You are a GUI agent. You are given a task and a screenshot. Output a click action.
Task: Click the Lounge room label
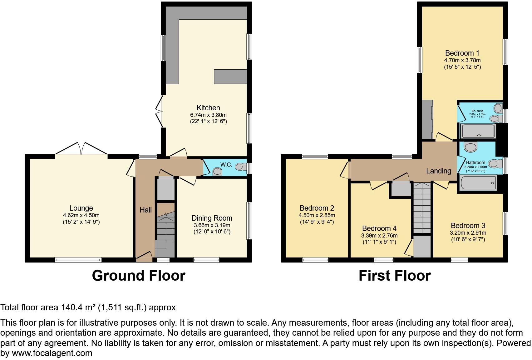(x=81, y=208)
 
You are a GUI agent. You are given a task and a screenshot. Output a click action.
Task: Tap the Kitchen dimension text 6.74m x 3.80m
(x=208, y=115)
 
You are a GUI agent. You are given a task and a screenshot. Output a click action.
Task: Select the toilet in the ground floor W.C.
(x=240, y=167)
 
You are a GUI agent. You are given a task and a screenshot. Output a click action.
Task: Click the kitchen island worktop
(x=230, y=77)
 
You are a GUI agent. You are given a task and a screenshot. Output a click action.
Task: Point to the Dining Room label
(x=212, y=218)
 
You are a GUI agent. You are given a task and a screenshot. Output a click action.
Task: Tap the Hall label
(x=145, y=210)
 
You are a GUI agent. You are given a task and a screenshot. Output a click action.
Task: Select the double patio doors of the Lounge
(x=81, y=149)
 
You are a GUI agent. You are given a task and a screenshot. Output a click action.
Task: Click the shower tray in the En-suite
(x=478, y=131)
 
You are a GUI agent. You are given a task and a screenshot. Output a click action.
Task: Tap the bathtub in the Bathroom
(x=478, y=183)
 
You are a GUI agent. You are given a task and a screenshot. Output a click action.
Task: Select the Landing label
(x=439, y=171)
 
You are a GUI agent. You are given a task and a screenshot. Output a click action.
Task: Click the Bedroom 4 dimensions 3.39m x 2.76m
(x=379, y=236)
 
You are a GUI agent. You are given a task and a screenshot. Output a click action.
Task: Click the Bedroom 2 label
(x=317, y=208)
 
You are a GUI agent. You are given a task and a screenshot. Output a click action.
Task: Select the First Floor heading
(x=394, y=276)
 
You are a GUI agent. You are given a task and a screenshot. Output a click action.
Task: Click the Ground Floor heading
(x=139, y=276)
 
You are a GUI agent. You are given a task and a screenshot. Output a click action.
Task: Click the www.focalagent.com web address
(x=52, y=353)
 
